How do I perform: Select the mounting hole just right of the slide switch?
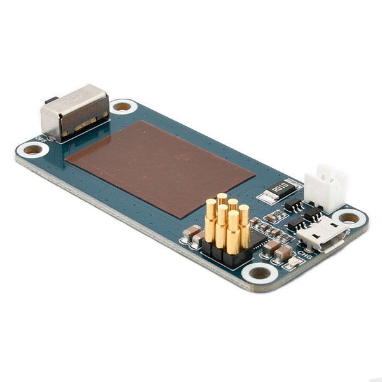tap(122, 106)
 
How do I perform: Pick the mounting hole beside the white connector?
tap(350, 218)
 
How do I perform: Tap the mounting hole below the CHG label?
tap(260, 274)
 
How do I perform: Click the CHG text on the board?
tap(304, 257)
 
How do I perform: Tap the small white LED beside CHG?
tap(292, 262)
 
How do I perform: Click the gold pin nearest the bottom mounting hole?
tap(233, 232)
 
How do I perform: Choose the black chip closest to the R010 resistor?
tap(292, 203)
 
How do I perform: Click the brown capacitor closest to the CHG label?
tap(281, 253)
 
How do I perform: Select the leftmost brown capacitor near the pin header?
tap(190, 232)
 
